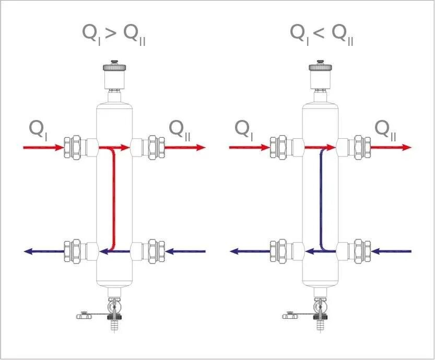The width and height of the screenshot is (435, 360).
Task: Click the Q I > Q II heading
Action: click(114, 34)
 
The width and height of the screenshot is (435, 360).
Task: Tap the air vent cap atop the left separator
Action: click(114, 68)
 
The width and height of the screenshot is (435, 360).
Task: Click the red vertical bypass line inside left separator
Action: click(113, 198)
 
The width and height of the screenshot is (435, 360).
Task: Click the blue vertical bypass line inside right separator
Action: click(319, 198)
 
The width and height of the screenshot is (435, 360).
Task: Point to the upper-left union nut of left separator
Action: click(71, 148)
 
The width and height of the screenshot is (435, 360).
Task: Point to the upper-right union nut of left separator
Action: click(155, 148)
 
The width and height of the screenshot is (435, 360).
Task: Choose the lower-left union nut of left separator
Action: click(71, 251)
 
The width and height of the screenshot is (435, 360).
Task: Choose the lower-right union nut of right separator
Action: click(361, 251)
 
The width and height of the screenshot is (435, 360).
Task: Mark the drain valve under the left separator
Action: click(112, 311)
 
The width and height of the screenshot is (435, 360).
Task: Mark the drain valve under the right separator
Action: click(318, 311)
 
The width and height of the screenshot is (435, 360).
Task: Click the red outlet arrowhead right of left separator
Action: click(201, 148)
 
